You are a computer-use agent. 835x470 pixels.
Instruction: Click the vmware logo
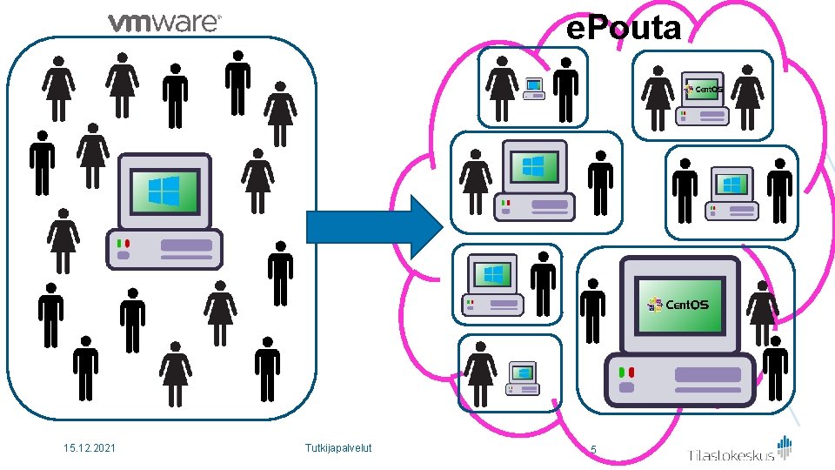(x=164, y=23)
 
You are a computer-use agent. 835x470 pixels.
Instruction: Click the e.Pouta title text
(x=623, y=29)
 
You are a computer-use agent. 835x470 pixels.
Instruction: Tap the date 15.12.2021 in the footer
(x=90, y=448)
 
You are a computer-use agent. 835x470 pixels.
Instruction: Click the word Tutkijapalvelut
(x=338, y=448)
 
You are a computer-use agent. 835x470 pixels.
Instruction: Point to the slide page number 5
(x=593, y=450)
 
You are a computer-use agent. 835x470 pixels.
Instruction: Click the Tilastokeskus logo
(x=740, y=451)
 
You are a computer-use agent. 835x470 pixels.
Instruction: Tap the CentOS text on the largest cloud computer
(x=687, y=305)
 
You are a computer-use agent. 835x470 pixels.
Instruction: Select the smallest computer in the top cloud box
(x=533, y=88)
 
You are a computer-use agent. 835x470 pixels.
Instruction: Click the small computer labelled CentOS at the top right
(x=702, y=97)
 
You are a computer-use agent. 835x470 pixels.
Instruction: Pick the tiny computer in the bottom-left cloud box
(x=523, y=377)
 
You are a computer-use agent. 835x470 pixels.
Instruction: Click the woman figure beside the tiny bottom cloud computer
(x=478, y=374)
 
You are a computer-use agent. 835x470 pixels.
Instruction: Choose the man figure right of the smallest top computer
(x=566, y=90)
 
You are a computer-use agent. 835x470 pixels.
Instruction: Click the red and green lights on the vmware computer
(x=123, y=243)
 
